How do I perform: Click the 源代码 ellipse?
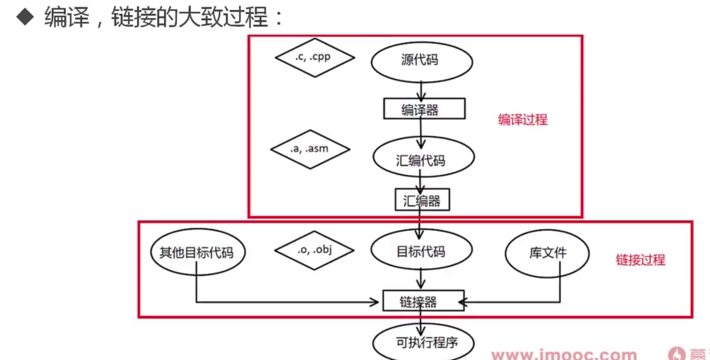(421, 61)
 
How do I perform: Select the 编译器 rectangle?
(424, 109)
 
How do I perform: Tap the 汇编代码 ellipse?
(423, 157)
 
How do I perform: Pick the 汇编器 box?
(422, 200)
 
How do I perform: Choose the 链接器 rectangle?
(423, 301)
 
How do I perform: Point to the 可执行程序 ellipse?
(423, 342)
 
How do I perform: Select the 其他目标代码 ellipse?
(197, 252)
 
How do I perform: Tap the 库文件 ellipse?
(547, 253)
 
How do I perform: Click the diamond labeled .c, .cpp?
(314, 58)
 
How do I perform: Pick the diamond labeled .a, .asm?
(310, 149)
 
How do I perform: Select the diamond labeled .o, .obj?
(314, 250)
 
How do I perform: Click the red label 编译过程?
(522, 120)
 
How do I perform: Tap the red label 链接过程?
(640, 260)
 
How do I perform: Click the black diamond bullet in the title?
(25, 17)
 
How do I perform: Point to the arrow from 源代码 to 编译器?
(421, 91)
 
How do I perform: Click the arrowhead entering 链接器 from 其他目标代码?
(374, 302)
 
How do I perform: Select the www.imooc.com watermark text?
(564, 354)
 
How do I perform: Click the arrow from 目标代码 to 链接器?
(421, 279)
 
